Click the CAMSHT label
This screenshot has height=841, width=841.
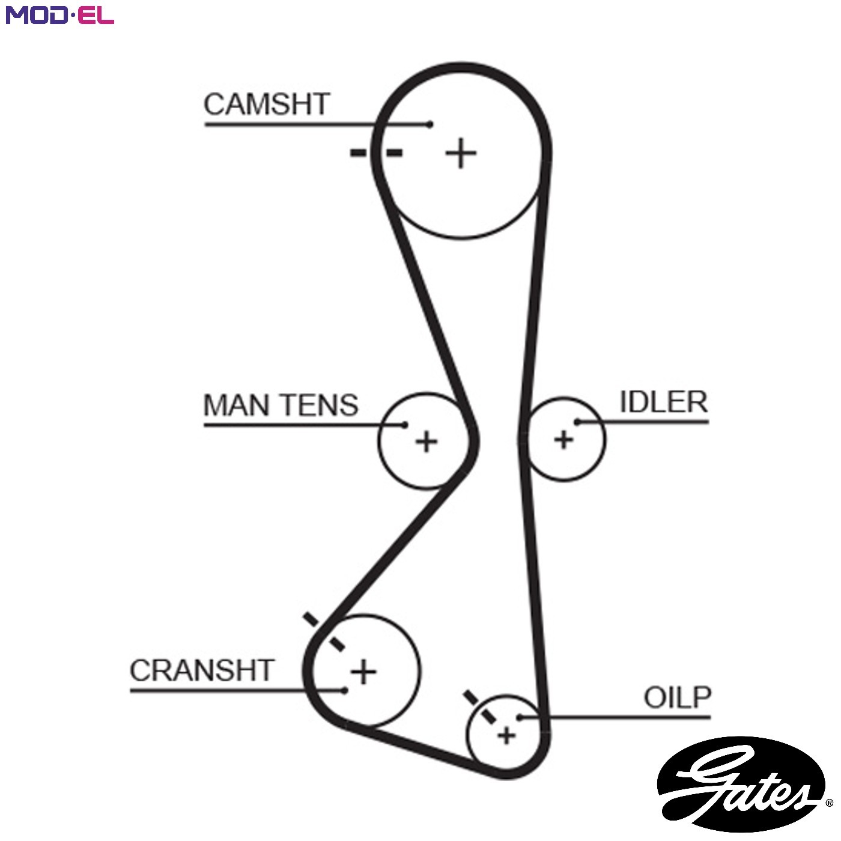pyautogui.click(x=267, y=105)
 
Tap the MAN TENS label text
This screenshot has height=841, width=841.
pyautogui.click(x=281, y=405)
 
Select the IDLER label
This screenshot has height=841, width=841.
pyautogui.click(x=663, y=401)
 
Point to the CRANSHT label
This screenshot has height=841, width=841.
pyautogui.click(x=202, y=670)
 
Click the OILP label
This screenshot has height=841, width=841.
pyautogui.click(x=678, y=697)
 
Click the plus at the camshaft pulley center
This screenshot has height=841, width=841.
pyautogui.click(x=461, y=153)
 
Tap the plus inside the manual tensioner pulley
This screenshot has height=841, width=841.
pyautogui.click(x=427, y=442)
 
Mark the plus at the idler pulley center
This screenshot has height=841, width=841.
pyautogui.click(x=563, y=440)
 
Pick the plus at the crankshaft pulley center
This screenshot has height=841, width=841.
pyautogui.click(x=363, y=671)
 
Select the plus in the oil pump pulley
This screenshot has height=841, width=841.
pyautogui.click(x=506, y=736)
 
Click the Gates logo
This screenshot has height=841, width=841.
pyautogui.click(x=741, y=784)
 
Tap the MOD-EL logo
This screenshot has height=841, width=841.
pyautogui.click(x=60, y=15)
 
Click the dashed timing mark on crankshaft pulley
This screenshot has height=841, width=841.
pyautogui.click(x=324, y=631)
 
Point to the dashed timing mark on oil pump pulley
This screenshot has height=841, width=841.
pyautogui.click(x=480, y=706)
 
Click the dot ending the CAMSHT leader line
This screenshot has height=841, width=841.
pyautogui.click(x=430, y=125)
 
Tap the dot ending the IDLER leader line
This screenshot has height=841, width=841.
pyautogui.click(x=577, y=422)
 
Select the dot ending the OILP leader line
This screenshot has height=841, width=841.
pyautogui.click(x=520, y=717)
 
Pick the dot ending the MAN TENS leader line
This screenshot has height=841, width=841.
pyautogui.click(x=404, y=425)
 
